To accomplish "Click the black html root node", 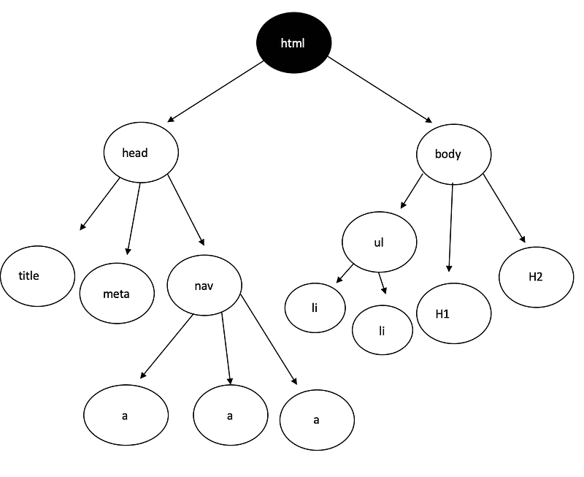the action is [x=294, y=43].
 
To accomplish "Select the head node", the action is [x=141, y=153].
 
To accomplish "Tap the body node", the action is [x=453, y=154].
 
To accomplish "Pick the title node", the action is [x=38, y=276].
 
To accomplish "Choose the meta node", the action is [x=117, y=293].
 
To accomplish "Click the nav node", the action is [x=204, y=286].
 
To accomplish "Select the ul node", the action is [x=379, y=242].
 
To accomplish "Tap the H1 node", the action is [x=453, y=313].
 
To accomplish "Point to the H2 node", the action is [x=537, y=277].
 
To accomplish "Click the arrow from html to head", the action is [x=215, y=91].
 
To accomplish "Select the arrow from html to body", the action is [x=380, y=89].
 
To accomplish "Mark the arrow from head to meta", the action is [x=134, y=218].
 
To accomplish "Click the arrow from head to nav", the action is [x=186, y=210].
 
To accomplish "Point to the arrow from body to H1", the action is [x=450, y=227].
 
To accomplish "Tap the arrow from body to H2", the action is [x=504, y=208].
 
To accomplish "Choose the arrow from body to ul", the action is [x=412, y=191].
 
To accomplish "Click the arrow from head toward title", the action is [x=100, y=205].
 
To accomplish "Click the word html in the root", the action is [x=293, y=43].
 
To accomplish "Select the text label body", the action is [x=448, y=154].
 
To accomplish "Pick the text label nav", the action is [x=204, y=286].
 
